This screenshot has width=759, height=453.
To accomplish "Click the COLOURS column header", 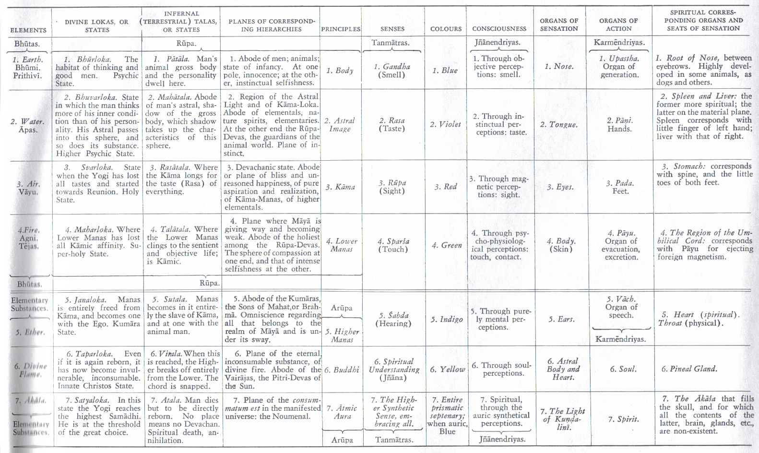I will [446, 29].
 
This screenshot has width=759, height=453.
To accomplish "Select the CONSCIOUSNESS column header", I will [499, 29].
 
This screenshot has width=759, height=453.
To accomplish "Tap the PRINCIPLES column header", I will [341, 29].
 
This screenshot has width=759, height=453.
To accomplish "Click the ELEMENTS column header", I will [28, 30].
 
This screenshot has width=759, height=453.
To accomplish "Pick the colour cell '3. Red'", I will [446, 187].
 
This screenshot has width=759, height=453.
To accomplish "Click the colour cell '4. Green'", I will [446, 245].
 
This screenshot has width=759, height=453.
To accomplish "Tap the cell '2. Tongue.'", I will [558, 125].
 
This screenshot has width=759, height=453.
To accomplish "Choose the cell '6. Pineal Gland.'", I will [689, 369].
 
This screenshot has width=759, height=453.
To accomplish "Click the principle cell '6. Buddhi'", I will [341, 370].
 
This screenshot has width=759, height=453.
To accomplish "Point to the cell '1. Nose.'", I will [559, 67].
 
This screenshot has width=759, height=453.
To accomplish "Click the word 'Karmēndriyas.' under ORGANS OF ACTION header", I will [619, 42].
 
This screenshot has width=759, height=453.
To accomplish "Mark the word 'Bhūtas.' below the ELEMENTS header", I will [27, 44].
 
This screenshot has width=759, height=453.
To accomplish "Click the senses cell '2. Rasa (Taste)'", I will [392, 125].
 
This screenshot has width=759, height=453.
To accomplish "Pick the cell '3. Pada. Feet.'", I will [619, 187].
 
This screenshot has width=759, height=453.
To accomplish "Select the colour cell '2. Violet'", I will [445, 125].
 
